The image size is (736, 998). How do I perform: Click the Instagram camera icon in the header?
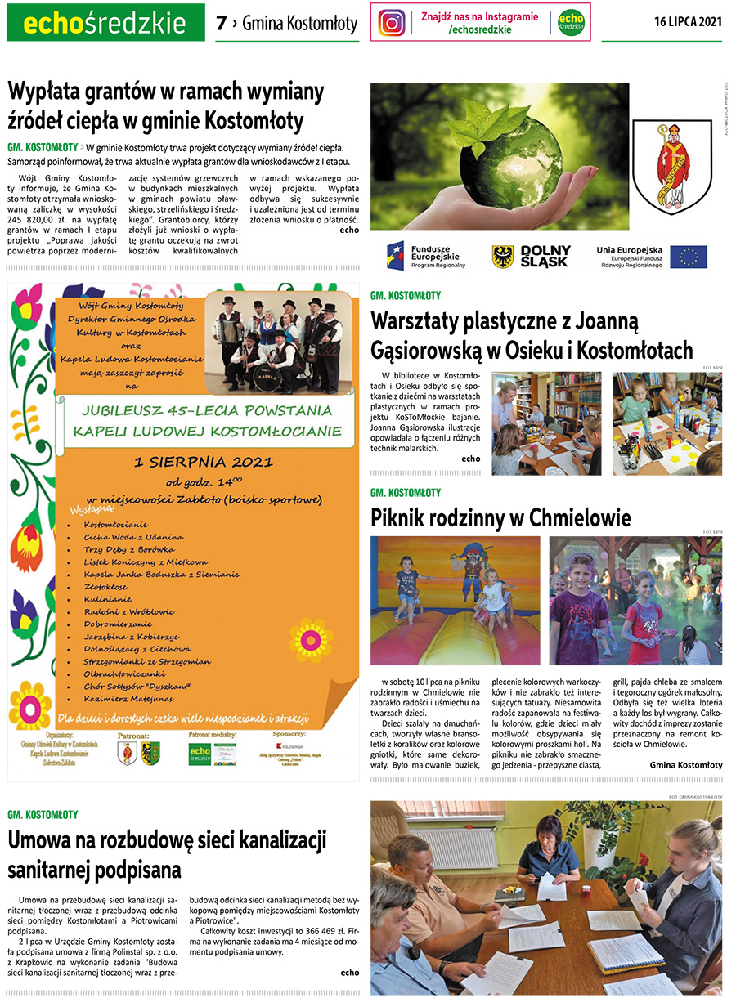point(392,23)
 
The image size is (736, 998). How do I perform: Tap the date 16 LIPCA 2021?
point(688,22)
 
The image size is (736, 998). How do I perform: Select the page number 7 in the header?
point(221,24)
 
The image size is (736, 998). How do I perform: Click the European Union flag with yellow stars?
point(689,257)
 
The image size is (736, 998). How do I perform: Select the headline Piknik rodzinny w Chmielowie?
point(500,518)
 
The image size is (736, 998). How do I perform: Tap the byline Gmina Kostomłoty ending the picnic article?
point(686,765)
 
